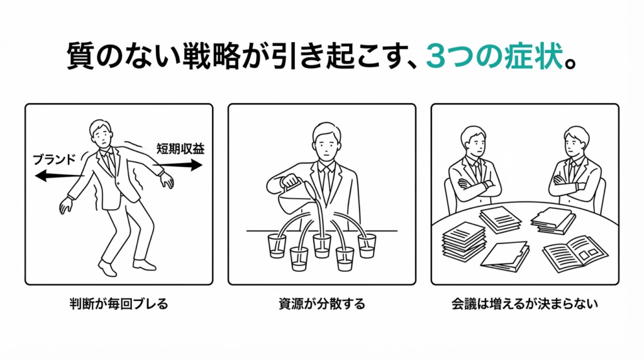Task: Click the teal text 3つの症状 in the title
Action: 493,56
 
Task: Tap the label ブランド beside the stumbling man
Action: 55,159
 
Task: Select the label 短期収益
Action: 180,149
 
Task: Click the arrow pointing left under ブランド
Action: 60,176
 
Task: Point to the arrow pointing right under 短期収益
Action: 178,165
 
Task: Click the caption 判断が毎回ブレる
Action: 119,304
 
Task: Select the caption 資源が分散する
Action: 322,304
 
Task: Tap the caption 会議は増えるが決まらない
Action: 525,304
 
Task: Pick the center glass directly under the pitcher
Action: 322,245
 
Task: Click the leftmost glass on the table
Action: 277,245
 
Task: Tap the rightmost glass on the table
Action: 367,245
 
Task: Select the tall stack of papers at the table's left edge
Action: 464,241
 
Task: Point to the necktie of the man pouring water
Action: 325,185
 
